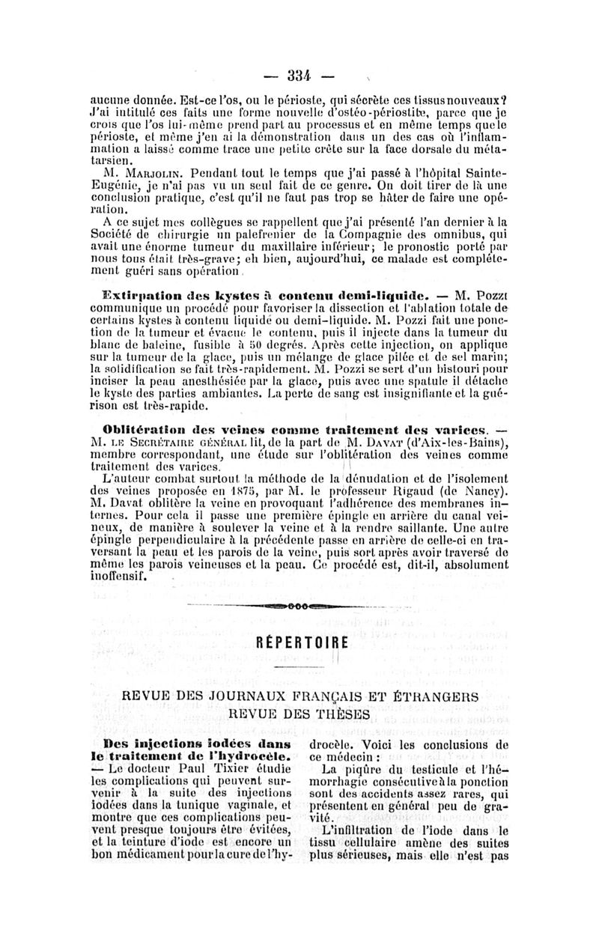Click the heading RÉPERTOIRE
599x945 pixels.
click(x=299, y=643)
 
